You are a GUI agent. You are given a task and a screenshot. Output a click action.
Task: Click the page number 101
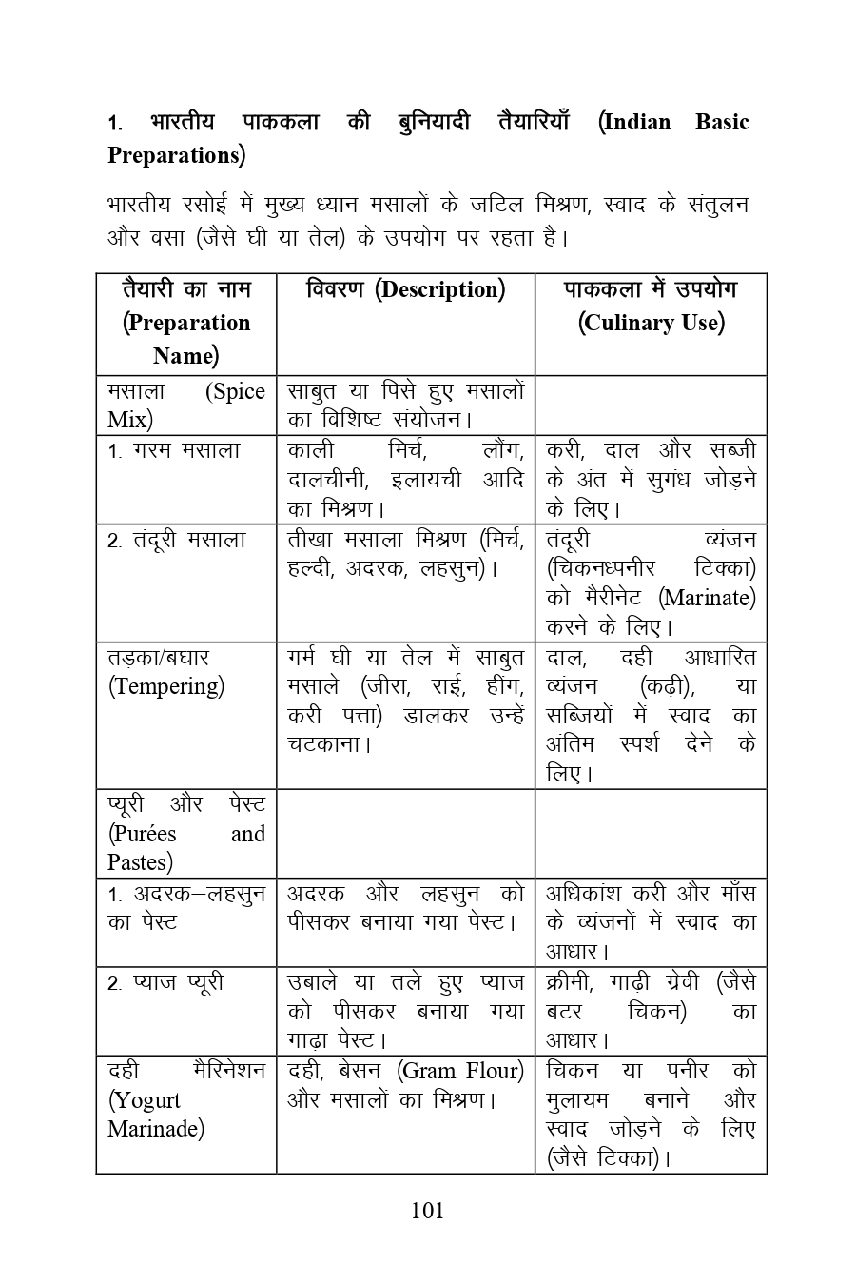click(428, 1210)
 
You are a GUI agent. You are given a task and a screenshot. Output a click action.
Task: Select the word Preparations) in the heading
click(177, 154)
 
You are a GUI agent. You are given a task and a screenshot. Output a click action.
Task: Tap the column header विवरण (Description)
click(405, 289)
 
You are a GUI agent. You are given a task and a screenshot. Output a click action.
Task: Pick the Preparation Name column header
click(186, 323)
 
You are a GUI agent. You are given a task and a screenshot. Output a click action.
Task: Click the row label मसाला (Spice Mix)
click(186, 405)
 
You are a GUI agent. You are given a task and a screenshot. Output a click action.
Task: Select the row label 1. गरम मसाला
click(175, 450)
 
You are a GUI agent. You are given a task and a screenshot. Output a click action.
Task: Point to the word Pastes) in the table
click(140, 862)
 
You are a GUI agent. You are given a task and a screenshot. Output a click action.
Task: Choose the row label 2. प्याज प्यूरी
click(166, 981)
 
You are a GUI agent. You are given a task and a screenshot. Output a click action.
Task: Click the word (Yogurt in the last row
click(144, 1100)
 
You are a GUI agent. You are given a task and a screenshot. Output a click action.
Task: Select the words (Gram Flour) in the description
click(461, 1071)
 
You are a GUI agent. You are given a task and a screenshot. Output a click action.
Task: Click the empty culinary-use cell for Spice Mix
click(651, 405)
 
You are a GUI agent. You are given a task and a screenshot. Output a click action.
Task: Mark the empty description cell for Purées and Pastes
click(405, 833)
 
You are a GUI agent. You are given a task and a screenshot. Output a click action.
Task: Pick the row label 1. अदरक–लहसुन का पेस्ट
click(186, 908)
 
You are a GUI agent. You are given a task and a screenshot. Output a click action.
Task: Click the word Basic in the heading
click(722, 122)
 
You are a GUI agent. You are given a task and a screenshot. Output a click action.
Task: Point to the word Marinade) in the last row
click(155, 1129)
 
